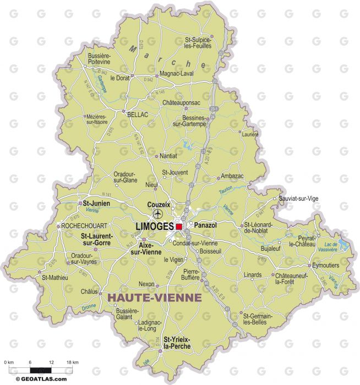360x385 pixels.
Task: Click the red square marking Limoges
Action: [179, 226]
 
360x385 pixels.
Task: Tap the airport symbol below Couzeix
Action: [159, 214]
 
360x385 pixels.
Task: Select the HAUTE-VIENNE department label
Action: [154, 297]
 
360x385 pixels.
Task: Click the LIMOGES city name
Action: [155, 226]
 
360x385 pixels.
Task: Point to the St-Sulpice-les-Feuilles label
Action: [198, 43]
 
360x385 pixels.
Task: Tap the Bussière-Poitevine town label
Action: [99, 59]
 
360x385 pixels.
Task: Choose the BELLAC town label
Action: [138, 115]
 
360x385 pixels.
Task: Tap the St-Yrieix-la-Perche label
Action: [177, 343]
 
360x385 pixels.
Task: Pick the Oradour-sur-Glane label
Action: [122, 177]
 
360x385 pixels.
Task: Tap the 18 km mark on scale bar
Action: [73, 362]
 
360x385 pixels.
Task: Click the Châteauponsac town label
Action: [181, 103]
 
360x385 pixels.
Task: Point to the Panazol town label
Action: [204, 226]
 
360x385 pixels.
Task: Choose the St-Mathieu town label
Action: [56, 278]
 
